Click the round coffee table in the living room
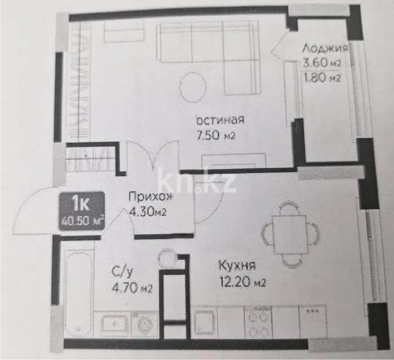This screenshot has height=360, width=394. tap(193, 86)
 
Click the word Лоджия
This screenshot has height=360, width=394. tap(324, 48)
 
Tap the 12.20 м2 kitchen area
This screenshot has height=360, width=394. tap(242, 281)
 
